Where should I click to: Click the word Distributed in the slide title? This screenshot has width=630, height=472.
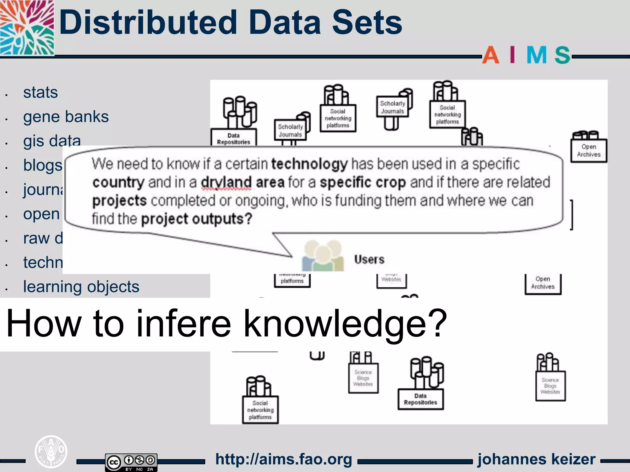(x=148, y=22)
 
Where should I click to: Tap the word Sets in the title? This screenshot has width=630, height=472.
(x=367, y=22)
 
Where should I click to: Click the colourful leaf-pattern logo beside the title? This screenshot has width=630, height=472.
(x=27, y=28)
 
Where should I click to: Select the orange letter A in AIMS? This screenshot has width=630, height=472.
(x=490, y=55)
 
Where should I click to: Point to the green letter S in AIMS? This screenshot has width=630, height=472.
(x=562, y=55)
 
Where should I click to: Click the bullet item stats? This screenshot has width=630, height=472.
(x=40, y=92)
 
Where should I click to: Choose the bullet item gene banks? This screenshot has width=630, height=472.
(x=66, y=117)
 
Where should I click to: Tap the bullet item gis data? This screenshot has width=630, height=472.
(x=52, y=141)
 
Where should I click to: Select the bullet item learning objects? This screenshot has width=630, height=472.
(x=81, y=287)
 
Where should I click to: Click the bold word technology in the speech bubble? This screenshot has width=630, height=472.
(x=309, y=164)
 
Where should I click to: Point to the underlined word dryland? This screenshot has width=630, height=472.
(x=226, y=183)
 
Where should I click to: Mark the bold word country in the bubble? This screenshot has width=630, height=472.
(x=118, y=183)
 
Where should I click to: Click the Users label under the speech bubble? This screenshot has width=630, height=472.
(x=369, y=259)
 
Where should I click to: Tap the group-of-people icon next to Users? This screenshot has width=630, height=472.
(x=323, y=256)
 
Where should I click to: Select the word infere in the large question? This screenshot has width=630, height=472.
(x=183, y=324)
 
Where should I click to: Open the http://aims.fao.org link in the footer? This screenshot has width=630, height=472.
(x=284, y=459)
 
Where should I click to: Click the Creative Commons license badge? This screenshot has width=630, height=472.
(x=131, y=462)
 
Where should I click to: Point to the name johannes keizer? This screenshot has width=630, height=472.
(x=536, y=459)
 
